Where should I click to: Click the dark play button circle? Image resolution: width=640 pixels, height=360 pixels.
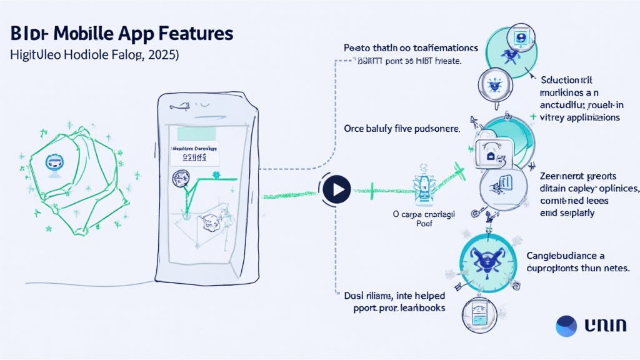click(337, 188)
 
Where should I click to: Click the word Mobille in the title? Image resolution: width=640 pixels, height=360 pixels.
click(92, 33)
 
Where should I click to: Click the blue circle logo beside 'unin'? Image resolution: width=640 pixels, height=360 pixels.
click(566, 326)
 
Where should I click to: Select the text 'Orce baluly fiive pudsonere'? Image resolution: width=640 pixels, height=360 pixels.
click(401, 129)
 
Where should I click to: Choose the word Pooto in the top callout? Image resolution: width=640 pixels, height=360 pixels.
click(357, 47)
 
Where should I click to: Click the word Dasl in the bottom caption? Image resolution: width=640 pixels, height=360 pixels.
click(357, 295)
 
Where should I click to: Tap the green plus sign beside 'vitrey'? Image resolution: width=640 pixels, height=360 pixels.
click(532, 117)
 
